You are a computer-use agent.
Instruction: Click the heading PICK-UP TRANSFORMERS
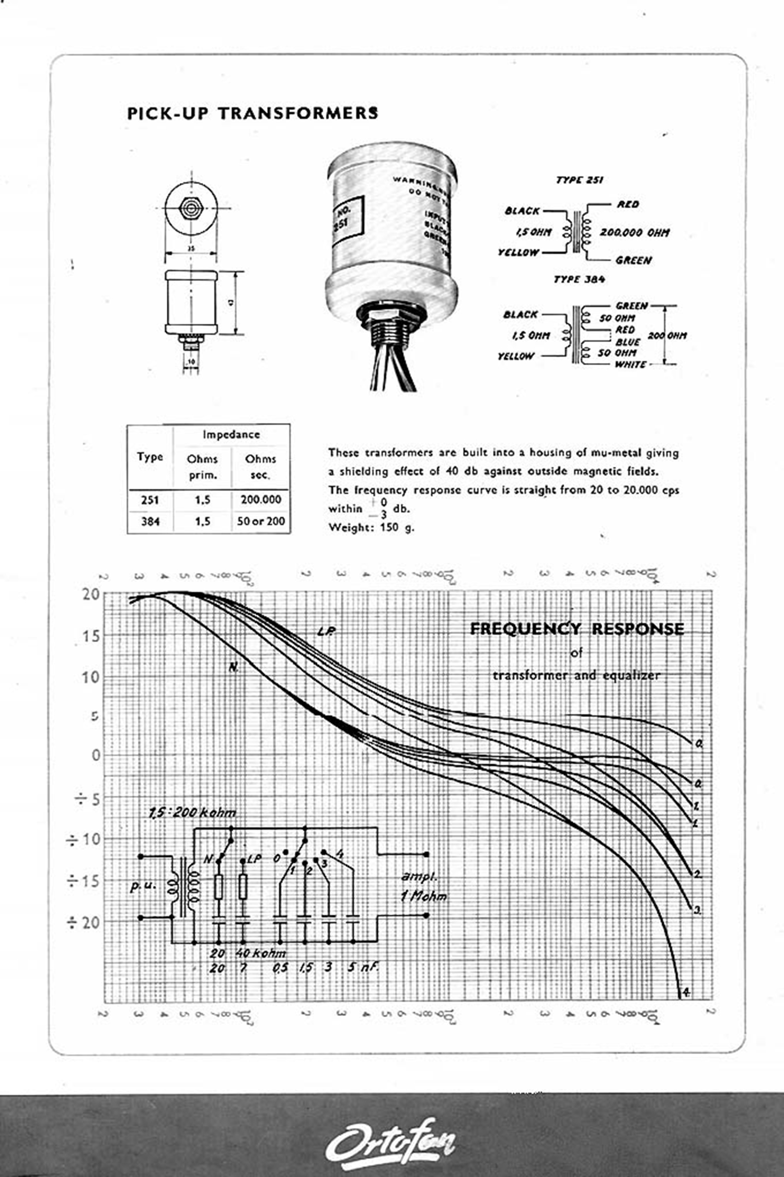click(252, 113)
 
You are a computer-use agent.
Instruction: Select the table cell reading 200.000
click(261, 500)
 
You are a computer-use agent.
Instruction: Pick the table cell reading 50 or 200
click(261, 522)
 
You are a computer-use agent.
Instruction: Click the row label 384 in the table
click(150, 522)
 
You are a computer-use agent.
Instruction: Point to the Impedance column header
click(231, 435)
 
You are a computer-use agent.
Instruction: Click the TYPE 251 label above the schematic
click(579, 180)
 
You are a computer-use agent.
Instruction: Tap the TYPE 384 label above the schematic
click(579, 279)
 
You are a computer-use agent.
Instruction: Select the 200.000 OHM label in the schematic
click(634, 232)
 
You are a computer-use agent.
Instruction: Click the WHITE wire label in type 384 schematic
click(630, 365)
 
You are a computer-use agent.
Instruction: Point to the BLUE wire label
click(628, 342)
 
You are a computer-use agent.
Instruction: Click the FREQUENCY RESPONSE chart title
click(577, 629)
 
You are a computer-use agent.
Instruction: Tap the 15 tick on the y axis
click(91, 636)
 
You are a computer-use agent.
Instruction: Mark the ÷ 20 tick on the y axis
click(84, 923)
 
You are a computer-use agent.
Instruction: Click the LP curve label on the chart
click(326, 631)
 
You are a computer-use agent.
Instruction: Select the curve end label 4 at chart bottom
click(686, 992)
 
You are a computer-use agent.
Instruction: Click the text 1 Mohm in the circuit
click(424, 897)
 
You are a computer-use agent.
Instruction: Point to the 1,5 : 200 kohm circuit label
click(192, 812)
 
